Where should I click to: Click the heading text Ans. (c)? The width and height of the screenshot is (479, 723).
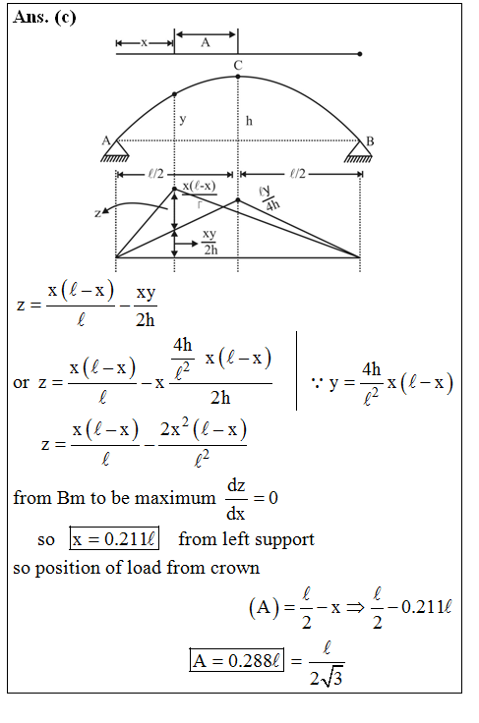point(45,18)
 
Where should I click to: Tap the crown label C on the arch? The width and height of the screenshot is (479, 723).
point(237,66)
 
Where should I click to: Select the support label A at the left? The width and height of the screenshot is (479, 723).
point(106,140)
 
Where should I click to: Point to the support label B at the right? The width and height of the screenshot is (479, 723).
point(369,141)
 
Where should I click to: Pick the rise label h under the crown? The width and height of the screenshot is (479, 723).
point(249,121)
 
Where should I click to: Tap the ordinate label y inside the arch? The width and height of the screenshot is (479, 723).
point(182,118)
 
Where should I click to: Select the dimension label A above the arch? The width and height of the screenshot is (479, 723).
point(205,43)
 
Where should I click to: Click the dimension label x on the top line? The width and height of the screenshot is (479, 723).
point(145,43)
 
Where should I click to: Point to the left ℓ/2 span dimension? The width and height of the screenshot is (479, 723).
point(154,174)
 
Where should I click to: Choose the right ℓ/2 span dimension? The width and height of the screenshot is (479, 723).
point(298,174)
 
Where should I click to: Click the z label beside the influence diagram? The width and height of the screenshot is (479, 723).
point(97,211)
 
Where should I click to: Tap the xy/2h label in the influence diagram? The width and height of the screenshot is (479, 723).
point(210,242)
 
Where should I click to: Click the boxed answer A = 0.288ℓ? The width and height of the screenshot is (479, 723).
point(236,660)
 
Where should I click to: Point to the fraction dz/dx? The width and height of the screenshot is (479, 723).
point(236,498)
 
